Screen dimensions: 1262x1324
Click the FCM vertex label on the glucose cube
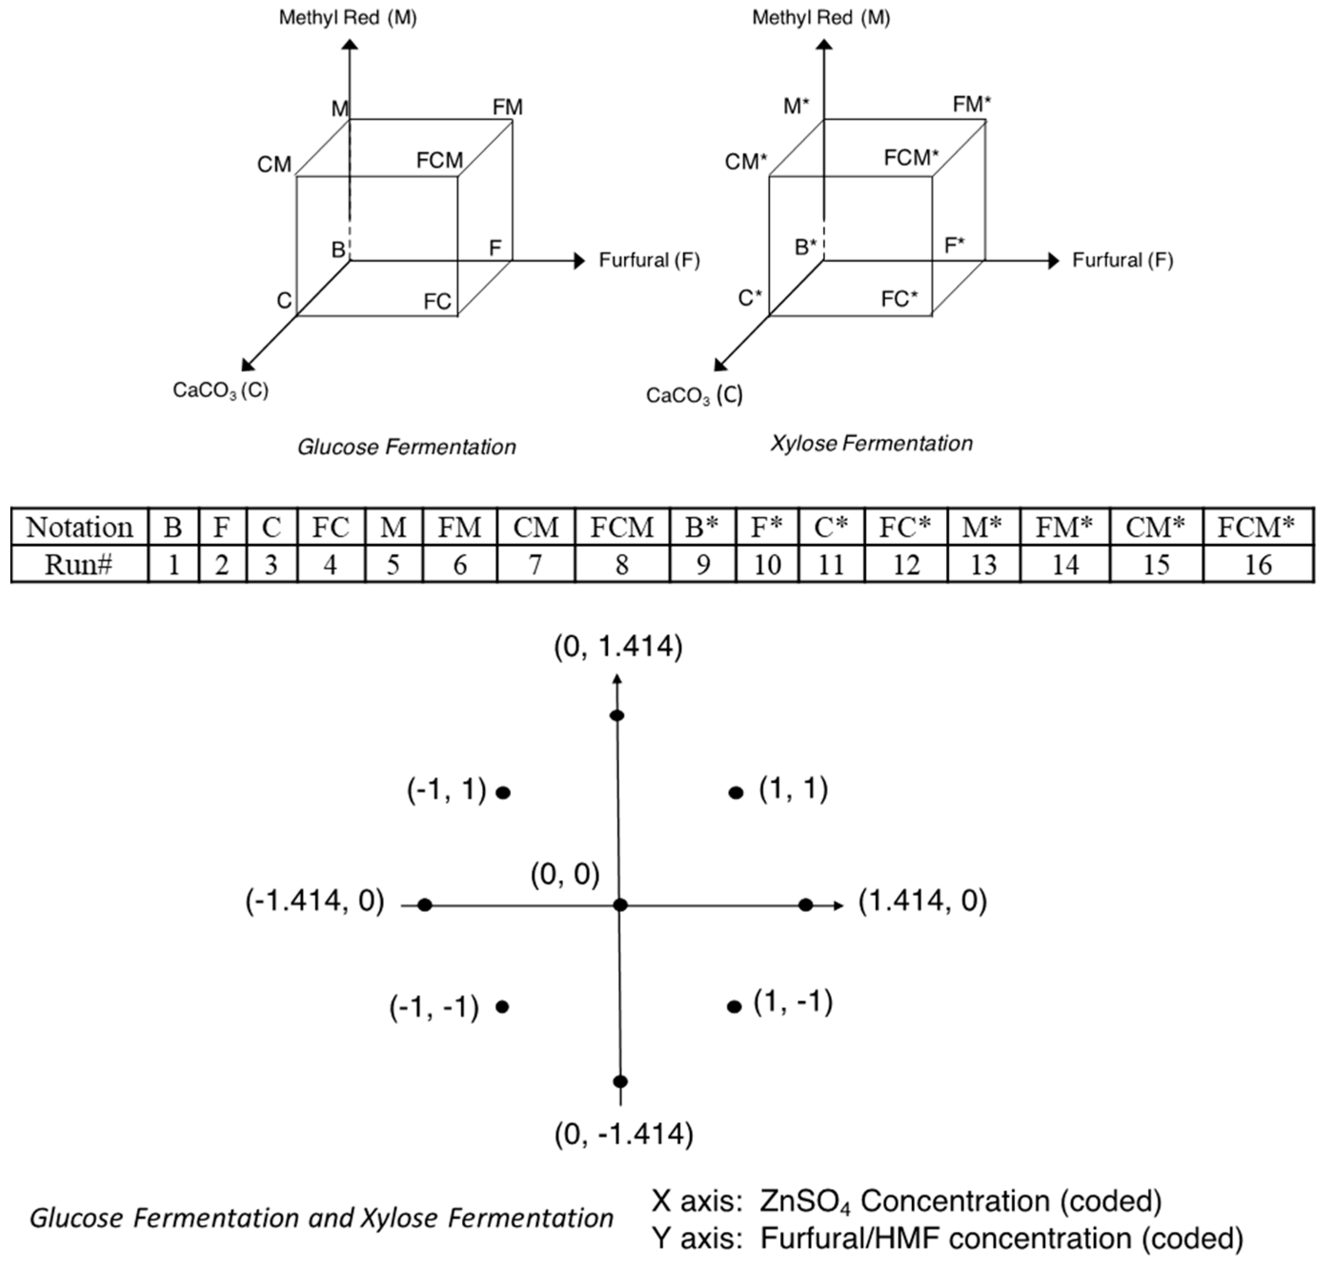[439, 160]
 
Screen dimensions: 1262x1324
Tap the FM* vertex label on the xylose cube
[971, 104]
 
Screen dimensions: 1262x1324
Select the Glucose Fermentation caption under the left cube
[406, 447]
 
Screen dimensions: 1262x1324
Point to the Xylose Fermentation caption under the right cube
[871, 444]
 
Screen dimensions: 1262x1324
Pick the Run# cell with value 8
[622, 565]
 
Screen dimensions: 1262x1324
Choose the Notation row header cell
[80, 527]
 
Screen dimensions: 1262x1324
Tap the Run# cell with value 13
[983, 565]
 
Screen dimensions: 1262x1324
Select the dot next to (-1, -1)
[502, 1007]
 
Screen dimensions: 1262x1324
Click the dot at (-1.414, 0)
[424, 905]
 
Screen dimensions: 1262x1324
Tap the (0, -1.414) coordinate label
[624, 1134]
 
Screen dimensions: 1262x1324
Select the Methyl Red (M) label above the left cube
[348, 18]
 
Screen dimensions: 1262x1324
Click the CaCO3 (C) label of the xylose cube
[694, 395]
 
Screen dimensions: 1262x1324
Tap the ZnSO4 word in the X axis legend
[805, 1201]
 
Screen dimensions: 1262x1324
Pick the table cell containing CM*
[1155, 527]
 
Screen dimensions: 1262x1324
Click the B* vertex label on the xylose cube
[805, 247]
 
